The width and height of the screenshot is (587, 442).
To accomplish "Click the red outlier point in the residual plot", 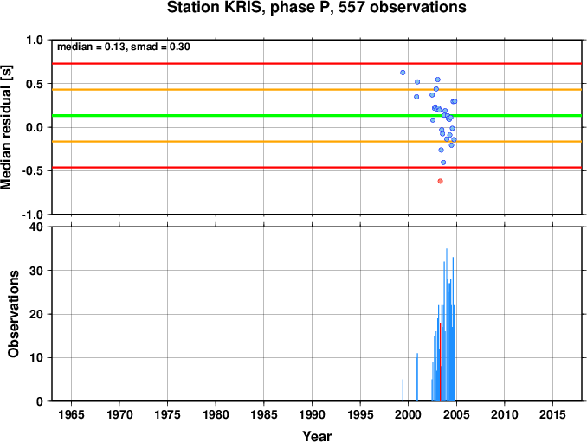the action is click(x=440, y=181).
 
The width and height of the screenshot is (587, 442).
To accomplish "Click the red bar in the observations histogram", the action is click(x=440, y=362).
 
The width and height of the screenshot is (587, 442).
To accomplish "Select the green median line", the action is click(x=317, y=116).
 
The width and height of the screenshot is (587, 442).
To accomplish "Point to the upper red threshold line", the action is click(x=317, y=63).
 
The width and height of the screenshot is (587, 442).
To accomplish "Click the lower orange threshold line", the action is click(x=317, y=141).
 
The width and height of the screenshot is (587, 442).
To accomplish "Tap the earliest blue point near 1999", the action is click(x=403, y=73).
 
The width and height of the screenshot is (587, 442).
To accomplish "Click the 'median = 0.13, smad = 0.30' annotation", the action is click(x=124, y=47).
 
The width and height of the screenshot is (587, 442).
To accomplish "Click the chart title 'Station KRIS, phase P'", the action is click(x=246, y=8).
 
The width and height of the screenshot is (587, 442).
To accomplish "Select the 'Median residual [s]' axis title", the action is click(x=6, y=127).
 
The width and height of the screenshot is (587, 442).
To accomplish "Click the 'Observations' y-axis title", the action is click(x=14, y=314).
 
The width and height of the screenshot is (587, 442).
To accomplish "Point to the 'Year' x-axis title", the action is click(x=317, y=436).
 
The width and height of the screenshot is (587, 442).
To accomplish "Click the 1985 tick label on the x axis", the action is click(x=264, y=414).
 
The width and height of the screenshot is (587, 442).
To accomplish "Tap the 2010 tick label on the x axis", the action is click(x=504, y=414).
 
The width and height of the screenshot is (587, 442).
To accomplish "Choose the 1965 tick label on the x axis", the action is click(x=72, y=414).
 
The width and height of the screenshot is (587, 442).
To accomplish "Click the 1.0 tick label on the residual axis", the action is click(x=35, y=40).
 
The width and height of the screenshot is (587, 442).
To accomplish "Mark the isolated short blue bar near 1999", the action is click(x=403, y=390).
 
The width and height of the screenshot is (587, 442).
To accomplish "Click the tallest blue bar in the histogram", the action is click(x=446, y=324).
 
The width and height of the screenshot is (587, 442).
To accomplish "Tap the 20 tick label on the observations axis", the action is click(x=36, y=314).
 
